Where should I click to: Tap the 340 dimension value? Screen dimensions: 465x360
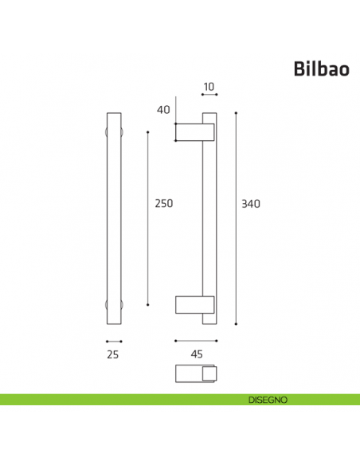click(251, 203)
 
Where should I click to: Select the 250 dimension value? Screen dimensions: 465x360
click(163, 203)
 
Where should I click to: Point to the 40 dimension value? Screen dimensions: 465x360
click(164, 111)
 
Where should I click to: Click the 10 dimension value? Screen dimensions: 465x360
click(209, 86)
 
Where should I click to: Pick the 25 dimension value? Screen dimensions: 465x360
click(112, 355)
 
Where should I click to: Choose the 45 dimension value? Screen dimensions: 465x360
click(195, 355)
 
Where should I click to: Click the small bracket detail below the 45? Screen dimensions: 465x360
click(195, 373)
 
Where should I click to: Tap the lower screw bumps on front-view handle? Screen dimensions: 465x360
click(113, 304)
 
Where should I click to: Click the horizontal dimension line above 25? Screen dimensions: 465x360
click(113, 341)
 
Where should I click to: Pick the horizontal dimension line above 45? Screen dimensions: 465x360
click(195, 341)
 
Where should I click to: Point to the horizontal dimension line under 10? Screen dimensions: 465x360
click(209, 95)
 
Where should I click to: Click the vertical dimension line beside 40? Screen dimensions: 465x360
click(175, 119)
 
